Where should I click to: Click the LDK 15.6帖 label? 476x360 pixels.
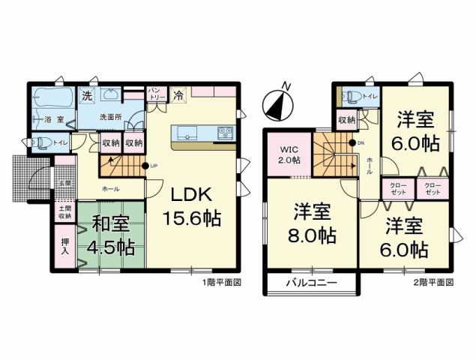click(x=193, y=206)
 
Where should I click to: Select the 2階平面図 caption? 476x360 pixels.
click(x=434, y=283)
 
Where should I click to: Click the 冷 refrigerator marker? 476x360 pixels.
click(x=179, y=95)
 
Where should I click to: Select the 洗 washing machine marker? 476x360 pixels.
click(x=87, y=95)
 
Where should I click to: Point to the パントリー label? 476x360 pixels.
click(x=157, y=94)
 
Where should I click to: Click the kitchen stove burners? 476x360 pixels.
click(x=226, y=133)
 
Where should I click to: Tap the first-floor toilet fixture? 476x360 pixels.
click(x=43, y=142)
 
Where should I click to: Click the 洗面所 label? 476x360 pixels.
click(x=112, y=117)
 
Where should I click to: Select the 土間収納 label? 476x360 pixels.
click(x=64, y=211)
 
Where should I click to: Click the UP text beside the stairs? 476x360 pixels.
click(x=154, y=166)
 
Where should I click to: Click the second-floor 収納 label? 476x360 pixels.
click(x=346, y=120)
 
